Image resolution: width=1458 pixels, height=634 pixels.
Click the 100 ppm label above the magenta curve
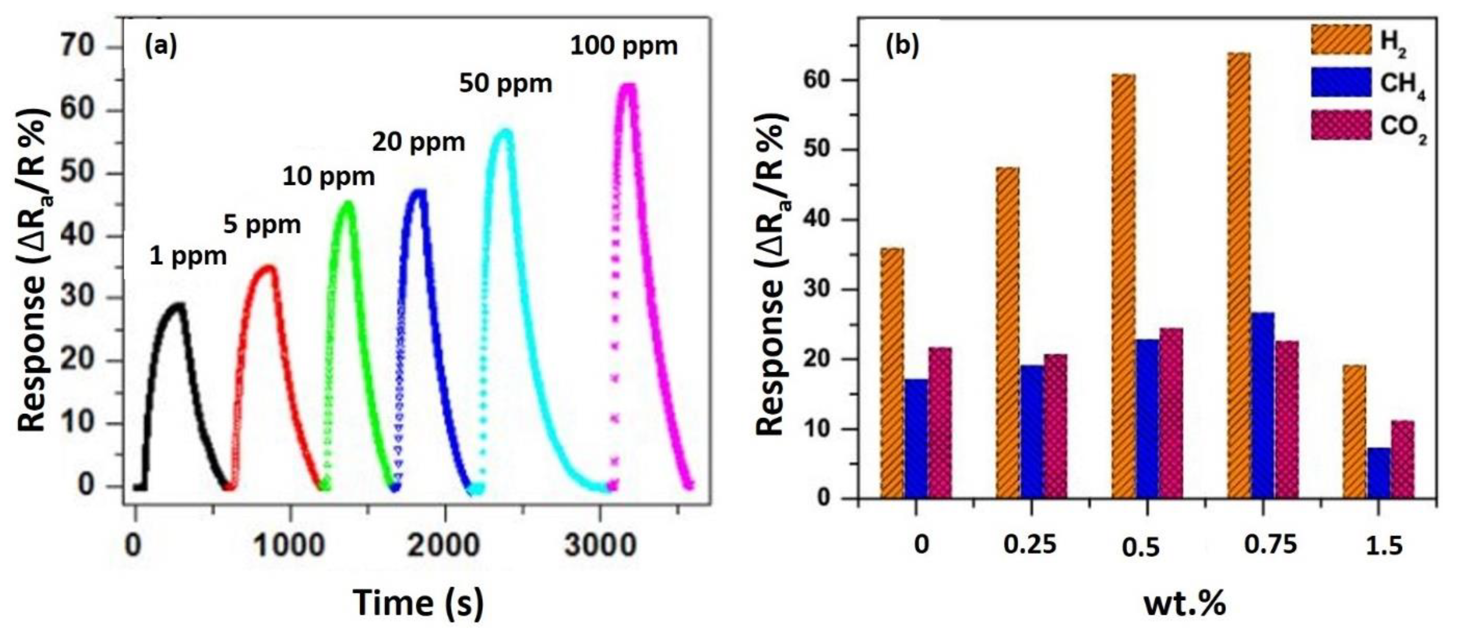[623, 46]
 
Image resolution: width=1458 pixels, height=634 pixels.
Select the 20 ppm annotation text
[418, 142]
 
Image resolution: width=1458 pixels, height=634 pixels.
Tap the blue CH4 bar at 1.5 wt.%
[1379, 473]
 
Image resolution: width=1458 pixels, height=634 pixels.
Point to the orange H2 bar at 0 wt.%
[892, 374]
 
